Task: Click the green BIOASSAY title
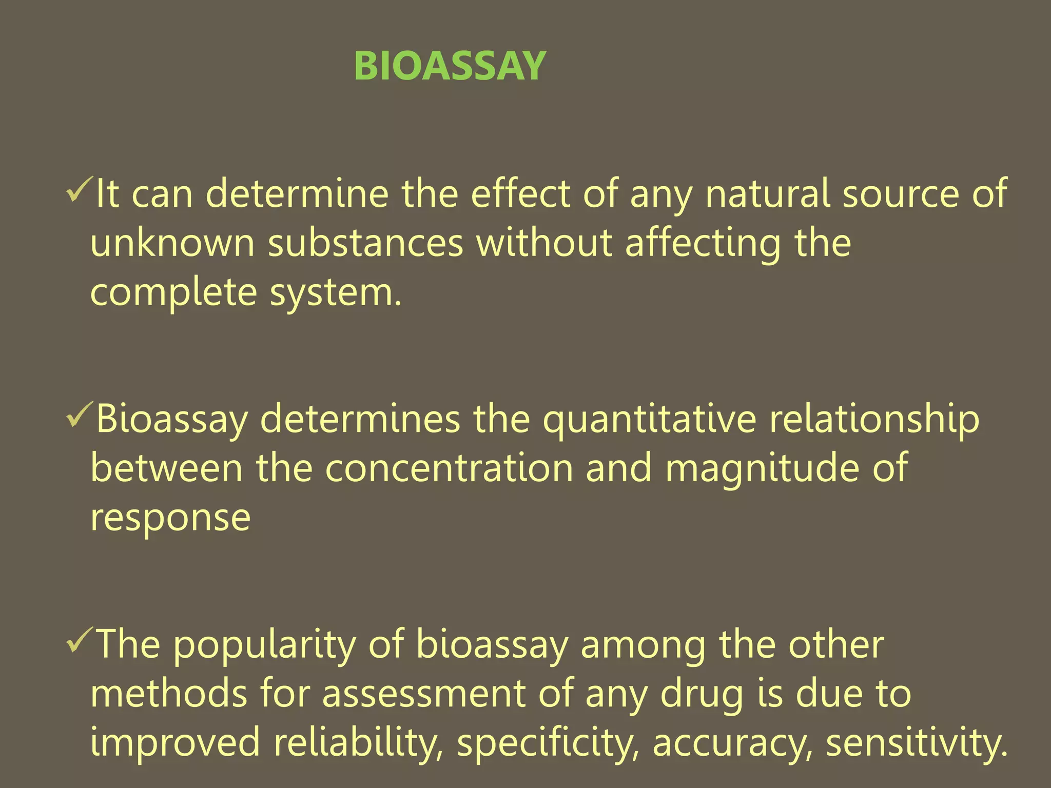[x=450, y=66]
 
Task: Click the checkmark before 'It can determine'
[x=79, y=190]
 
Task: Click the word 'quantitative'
[x=650, y=420]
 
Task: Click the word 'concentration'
[x=449, y=468]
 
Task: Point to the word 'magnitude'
[x=763, y=468]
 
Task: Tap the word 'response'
[x=170, y=518]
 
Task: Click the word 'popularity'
[x=264, y=645]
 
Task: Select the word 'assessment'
[x=424, y=694]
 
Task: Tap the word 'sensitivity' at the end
[x=917, y=743]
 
